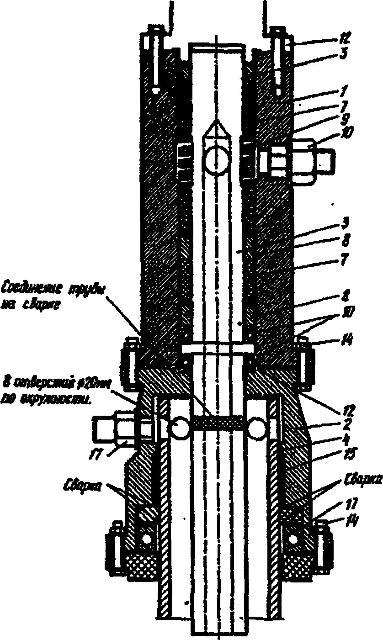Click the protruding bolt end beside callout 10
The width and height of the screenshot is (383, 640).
(x=327, y=161)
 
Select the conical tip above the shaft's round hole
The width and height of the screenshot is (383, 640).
(x=216, y=128)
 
